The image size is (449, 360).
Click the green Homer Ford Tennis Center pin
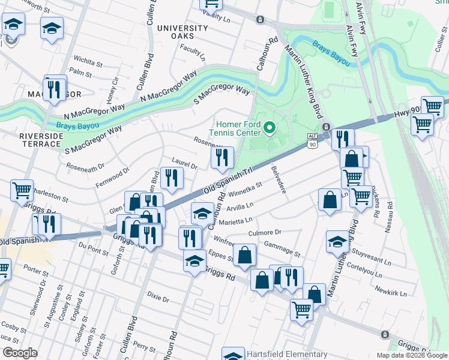pos(270,128)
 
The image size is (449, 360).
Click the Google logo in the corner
pos(20,353)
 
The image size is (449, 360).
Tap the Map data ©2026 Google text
pos(411,355)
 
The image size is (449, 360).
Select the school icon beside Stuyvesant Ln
pos(337,241)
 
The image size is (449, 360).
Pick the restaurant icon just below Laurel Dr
pos(172,178)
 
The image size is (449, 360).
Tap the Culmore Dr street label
pos(265,232)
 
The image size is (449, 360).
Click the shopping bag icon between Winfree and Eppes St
pos(244,254)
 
